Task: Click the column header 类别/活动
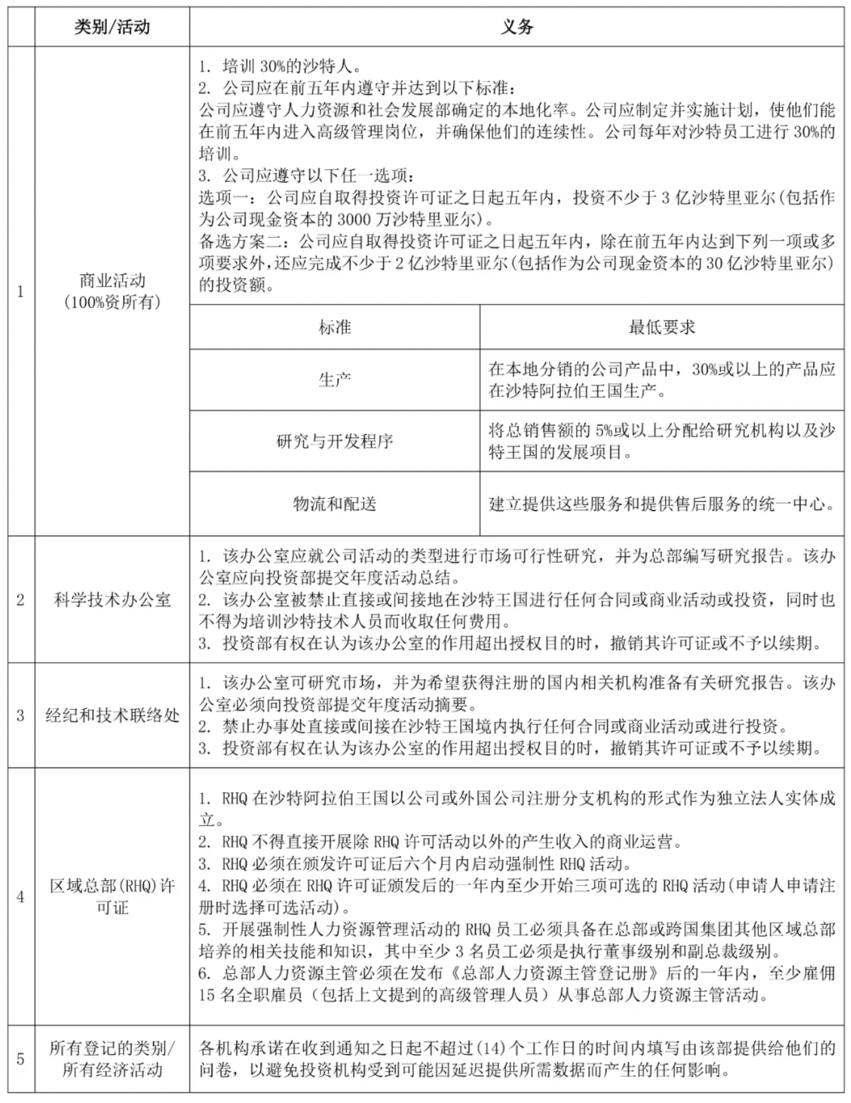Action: tap(112, 27)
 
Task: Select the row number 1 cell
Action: tap(20, 291)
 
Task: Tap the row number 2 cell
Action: tap(20, 600)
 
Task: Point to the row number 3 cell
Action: tap(20, 715)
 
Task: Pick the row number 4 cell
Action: tap(20, 897)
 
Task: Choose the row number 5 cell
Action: tap(20, 1059)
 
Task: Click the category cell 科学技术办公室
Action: tap(112, 600)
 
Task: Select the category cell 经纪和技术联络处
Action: tap(112, 715)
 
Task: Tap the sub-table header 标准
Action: tap(335, 327)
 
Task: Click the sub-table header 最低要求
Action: tap(662, 327)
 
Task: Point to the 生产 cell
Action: tap(335, 379)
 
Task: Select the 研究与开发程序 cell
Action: tap(335, 442)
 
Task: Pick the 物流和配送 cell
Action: tap(335, 504)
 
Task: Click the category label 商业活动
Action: tap(112, 280)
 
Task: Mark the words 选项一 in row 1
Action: tap(223, 197)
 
